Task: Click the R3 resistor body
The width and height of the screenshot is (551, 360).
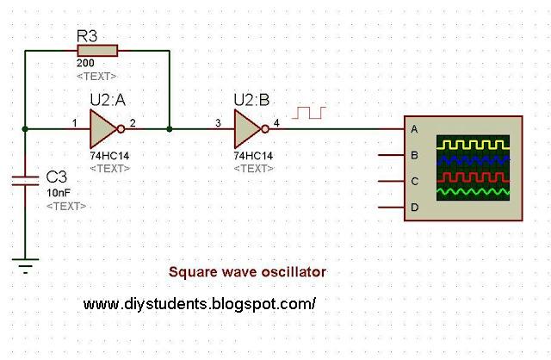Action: click(96, 51)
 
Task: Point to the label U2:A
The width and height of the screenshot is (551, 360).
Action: click(108, 100)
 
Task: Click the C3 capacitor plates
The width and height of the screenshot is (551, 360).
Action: click(26, 181)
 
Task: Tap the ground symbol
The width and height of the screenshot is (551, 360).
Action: click(26, 268)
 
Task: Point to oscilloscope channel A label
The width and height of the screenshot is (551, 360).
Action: click(415, 129)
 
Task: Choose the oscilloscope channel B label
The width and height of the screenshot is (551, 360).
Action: click(415, 156)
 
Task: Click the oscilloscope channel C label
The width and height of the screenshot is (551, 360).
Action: click(415, 182)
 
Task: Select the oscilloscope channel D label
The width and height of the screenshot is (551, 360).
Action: click(415, 208)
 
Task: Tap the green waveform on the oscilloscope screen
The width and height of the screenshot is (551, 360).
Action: click(473, 189)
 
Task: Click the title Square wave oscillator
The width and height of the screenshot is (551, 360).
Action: click(247, 271)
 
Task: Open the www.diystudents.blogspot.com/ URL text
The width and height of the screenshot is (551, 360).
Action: click(200, 304)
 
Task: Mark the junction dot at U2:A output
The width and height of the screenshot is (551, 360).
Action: click(170, 129)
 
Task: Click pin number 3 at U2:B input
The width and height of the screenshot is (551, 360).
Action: click(218, 122)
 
